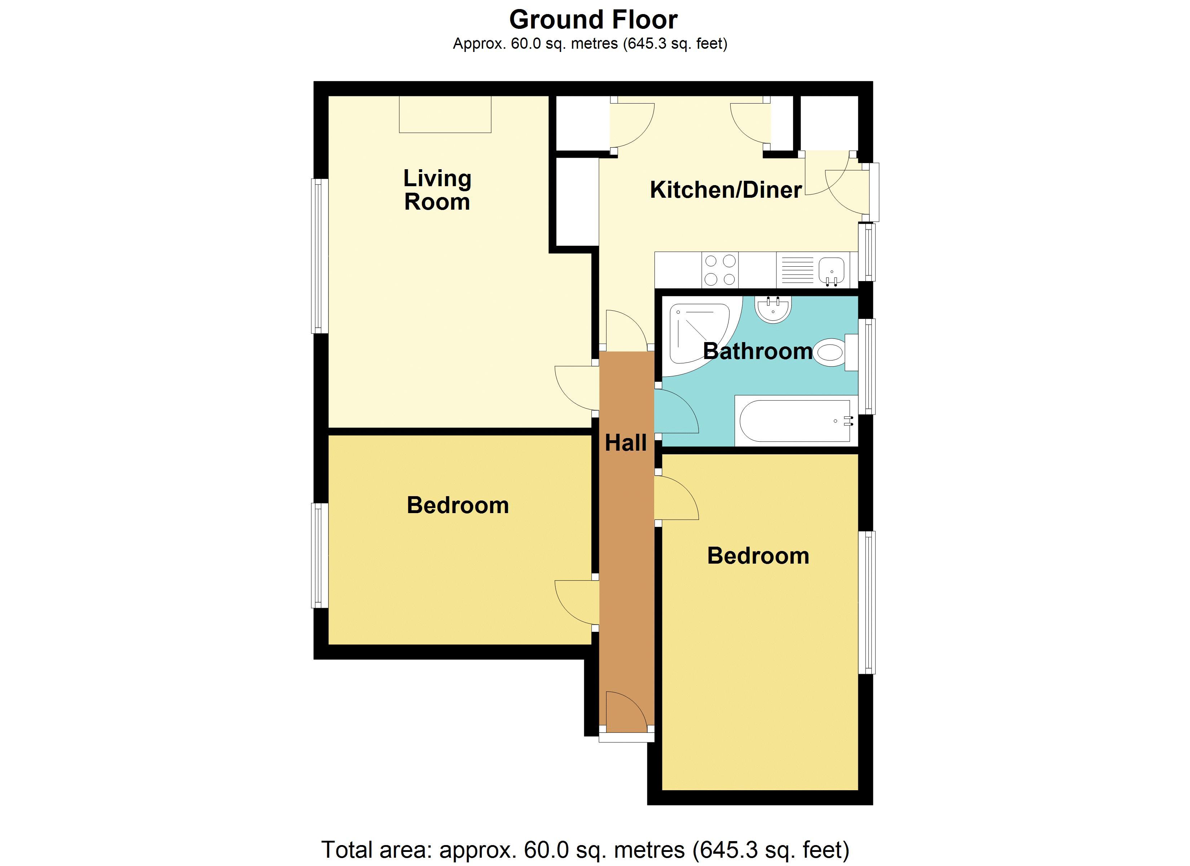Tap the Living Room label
437,190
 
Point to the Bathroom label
758,351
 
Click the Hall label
626,443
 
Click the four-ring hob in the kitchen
720,270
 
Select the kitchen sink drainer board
797,270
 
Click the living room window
319,256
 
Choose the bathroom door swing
677,411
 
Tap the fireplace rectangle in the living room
445,114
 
